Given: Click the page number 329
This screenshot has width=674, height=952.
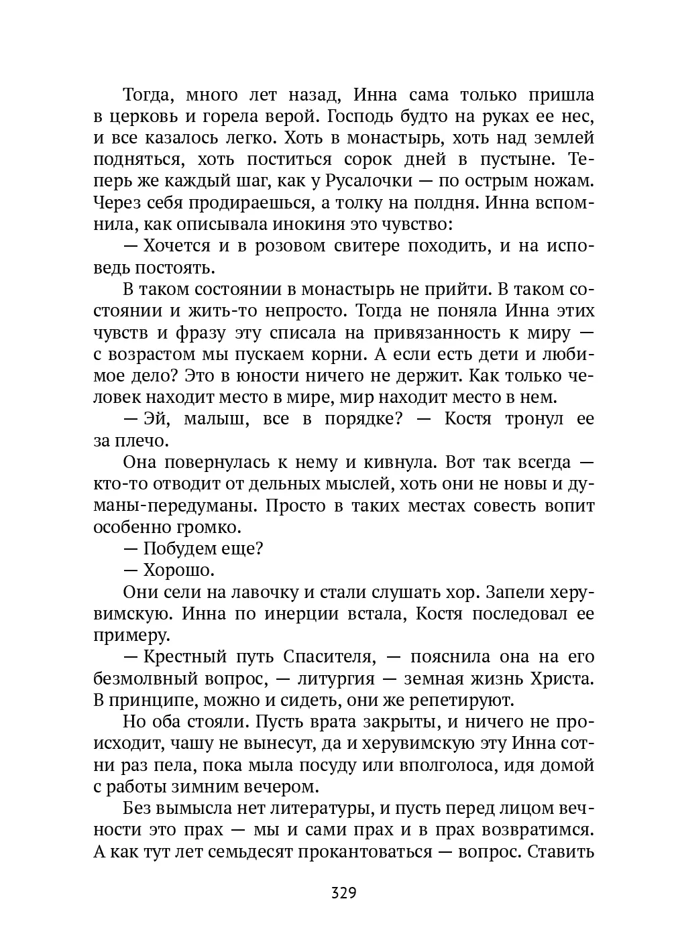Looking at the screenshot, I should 343,892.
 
